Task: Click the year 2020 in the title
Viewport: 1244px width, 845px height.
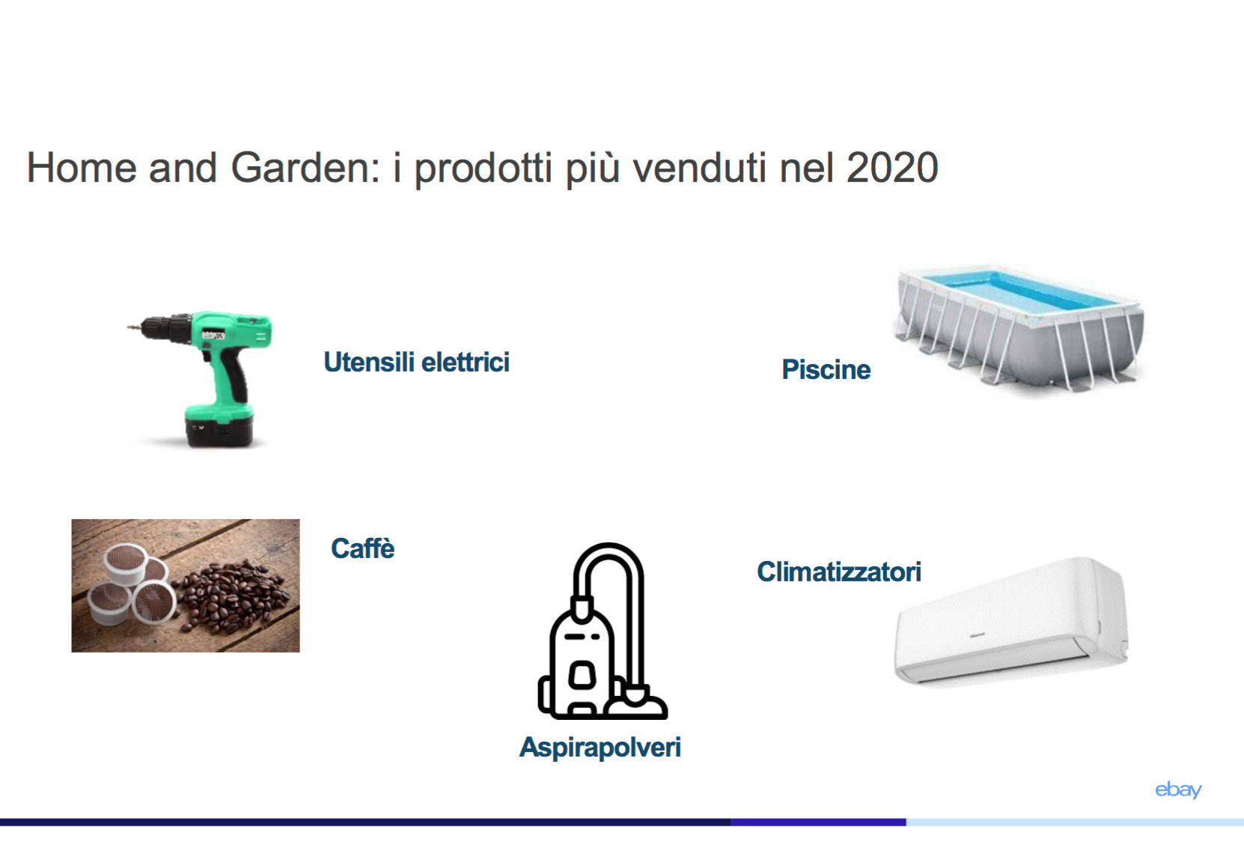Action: click(x=892, y=167)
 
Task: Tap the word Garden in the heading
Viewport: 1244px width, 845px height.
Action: click(x=305, y=167)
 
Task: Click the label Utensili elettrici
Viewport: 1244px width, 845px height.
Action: click(x=416, y=362)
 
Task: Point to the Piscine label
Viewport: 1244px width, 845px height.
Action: click(x=826, y=370)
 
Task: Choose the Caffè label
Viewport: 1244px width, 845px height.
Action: click(x=363, y=548)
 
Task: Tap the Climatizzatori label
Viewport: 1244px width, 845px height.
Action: click(x=838, y=572)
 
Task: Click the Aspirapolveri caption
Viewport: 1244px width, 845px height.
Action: click(x=600, y=747)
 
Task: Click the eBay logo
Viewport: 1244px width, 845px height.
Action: click(x=1178, y=790)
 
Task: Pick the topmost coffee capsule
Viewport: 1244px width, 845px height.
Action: click(x=126, y=563)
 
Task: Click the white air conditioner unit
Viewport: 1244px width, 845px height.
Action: click(x=1010, y=623)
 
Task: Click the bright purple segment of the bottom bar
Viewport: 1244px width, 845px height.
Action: click(x=819, y=822)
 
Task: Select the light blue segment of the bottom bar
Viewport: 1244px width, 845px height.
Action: click(x=1075, y=822)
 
